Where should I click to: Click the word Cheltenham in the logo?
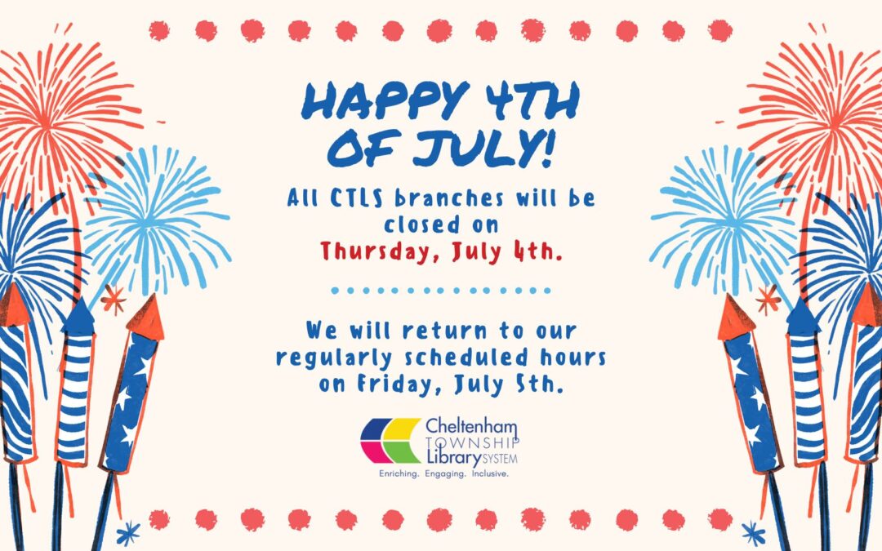[471, 426]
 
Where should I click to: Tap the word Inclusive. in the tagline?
[490, 474]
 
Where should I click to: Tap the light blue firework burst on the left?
[154, 220]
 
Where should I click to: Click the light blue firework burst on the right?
[726, 220]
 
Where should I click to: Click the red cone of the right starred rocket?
[735, 318]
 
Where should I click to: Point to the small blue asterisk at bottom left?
[127, 532]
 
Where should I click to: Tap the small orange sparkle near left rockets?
[114, 299]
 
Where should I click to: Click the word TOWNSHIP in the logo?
[473, 443]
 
